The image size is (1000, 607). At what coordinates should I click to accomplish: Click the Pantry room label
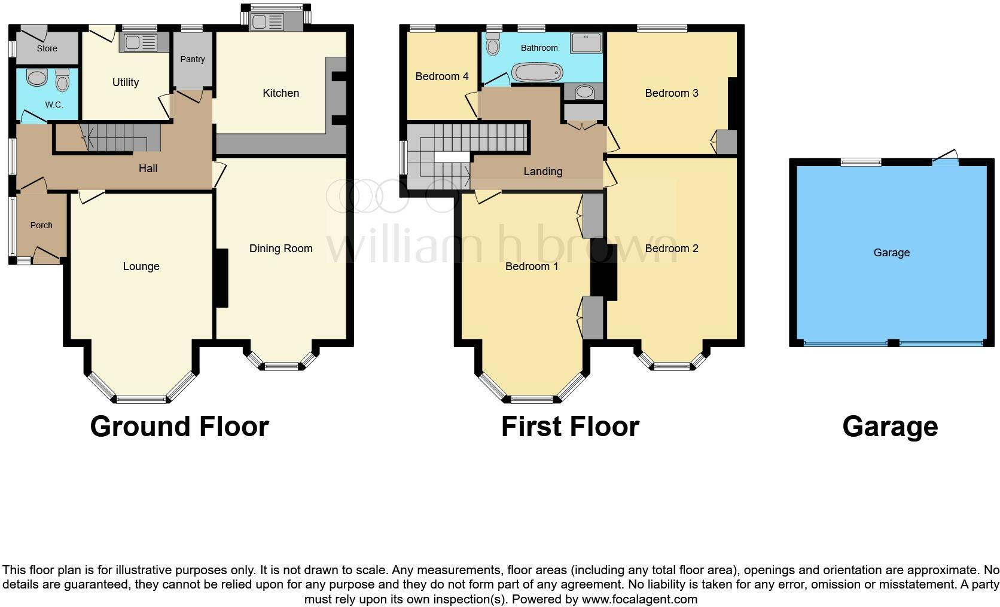click(193, 59)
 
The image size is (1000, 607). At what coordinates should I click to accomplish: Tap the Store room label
click(47, 48)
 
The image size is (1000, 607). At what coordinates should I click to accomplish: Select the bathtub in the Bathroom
click(538, 73)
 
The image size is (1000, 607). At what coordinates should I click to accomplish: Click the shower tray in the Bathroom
click(586, 42)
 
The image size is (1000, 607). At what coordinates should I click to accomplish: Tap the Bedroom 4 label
click(441, 76)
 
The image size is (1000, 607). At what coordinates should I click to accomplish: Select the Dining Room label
click(281, 249)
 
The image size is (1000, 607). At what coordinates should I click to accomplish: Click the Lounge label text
click(141, 266)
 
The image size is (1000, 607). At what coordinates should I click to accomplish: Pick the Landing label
click(542, 171)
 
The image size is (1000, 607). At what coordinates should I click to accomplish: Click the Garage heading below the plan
click(890, 427)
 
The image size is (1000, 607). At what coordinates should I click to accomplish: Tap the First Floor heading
click(570, 427)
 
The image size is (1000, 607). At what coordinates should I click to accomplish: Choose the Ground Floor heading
click(179, 427)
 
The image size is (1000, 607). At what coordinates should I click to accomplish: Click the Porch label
click(41, 225)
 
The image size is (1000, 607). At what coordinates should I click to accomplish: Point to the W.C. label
click(54, 105)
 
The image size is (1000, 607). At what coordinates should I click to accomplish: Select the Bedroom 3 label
click(671, 93)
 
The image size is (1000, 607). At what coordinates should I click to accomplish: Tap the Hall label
click(148, 168)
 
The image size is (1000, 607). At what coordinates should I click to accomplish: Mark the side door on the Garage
click(946, 158)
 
